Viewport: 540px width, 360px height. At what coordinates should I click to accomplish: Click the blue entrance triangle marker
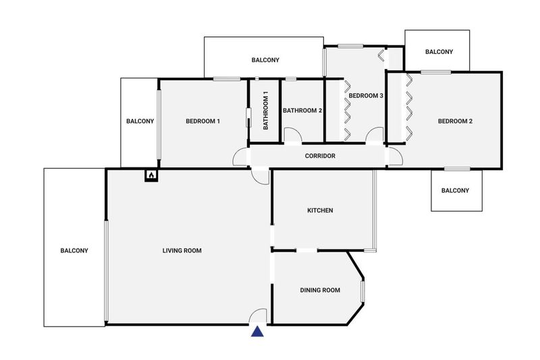coord(257,332)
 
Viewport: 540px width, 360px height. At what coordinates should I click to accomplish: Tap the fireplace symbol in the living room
coord(151,176)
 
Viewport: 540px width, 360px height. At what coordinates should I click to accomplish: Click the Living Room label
coord(182,251)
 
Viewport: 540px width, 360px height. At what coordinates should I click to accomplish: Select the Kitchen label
coord(320,210)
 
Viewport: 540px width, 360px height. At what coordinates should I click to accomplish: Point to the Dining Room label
coord(320,290)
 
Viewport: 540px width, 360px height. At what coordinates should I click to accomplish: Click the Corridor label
coord(320,156)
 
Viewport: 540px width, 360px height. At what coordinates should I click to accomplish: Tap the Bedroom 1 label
coord(202,121)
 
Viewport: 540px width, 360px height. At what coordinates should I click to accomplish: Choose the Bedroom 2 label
coord(455,121)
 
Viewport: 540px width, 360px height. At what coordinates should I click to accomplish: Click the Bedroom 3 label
coord(366,95)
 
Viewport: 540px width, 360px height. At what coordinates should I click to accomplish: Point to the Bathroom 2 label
coord(302,110)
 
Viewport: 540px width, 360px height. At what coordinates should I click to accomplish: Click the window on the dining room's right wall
coord(362,291)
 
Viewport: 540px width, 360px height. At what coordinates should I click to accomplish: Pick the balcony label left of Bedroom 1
coord(140,121)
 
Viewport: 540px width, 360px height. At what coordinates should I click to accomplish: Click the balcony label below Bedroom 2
coord(455,190)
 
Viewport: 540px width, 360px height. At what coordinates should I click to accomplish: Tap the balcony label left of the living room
coord(74,251)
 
